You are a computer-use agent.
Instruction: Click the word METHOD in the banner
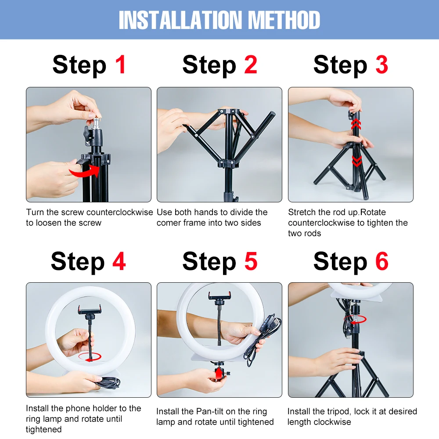(284, 20)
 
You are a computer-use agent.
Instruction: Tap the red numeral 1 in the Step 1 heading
(121, 65)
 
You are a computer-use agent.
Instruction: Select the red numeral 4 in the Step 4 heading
(119, 261)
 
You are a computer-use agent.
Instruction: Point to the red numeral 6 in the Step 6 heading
(381, 261)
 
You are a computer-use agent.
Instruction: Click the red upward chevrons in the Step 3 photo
(356, 124)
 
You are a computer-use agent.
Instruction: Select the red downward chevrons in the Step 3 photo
(356, 161)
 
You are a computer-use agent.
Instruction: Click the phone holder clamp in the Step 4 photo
(89, 309)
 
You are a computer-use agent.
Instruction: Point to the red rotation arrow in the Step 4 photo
(90, 356)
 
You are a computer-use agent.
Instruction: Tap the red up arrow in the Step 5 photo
(219, 373)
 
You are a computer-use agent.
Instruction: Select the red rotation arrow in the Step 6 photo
(355, 320)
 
